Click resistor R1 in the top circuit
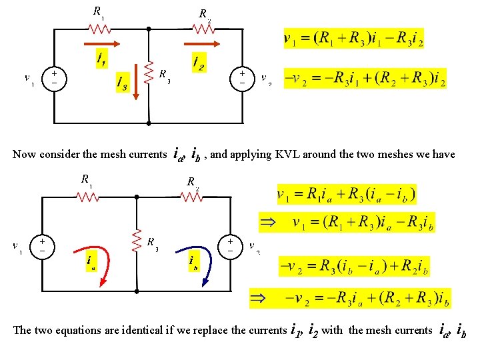(x=100, y=29)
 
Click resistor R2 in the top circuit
(x=203, y=29)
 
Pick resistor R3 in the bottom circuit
(x=136, y=241)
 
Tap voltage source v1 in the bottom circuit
(x=41, y=245)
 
